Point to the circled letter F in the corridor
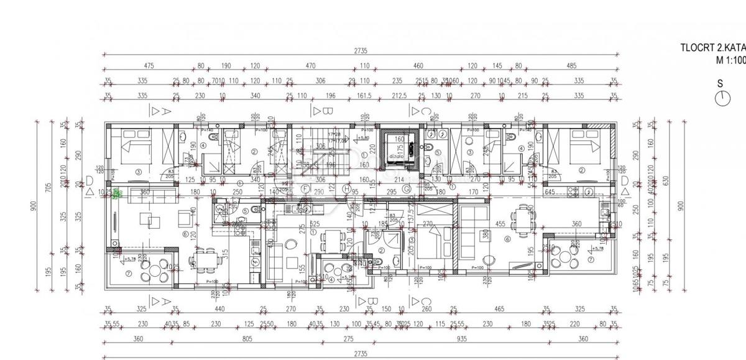coord(305,188)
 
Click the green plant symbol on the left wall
coord(116,193)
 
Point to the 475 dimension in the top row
coord(148,65)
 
